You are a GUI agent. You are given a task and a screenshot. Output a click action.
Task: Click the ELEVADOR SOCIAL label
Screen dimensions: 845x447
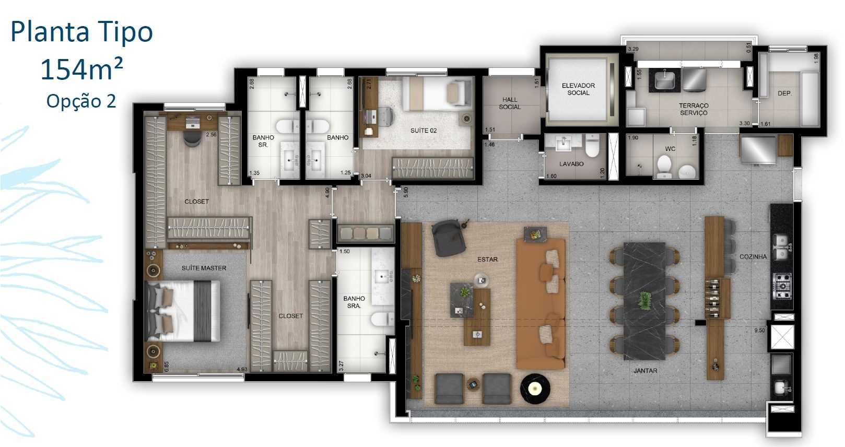578,89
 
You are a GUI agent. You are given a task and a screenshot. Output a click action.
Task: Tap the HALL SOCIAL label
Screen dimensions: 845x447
510,103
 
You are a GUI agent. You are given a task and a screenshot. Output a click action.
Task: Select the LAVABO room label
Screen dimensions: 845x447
571,164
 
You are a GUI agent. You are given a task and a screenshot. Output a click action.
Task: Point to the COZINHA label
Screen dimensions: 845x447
753,256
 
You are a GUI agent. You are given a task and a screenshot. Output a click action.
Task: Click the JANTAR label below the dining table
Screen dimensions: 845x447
646,371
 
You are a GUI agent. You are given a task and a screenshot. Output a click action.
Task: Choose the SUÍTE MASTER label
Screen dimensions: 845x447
204,268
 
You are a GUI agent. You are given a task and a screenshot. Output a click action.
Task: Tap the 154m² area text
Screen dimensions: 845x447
81,70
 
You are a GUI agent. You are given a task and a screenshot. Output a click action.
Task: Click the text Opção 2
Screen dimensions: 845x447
81,101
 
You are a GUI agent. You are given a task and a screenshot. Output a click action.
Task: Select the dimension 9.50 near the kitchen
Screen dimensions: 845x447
759,331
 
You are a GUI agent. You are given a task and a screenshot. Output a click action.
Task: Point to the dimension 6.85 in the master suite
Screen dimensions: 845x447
167,366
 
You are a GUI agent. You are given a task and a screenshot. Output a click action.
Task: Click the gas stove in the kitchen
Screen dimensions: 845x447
783,287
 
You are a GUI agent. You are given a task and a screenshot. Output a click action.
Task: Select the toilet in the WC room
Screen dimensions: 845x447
664,167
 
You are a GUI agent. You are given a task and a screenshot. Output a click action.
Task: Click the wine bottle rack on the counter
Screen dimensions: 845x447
717,298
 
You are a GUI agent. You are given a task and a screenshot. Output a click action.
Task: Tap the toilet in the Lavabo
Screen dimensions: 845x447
593,147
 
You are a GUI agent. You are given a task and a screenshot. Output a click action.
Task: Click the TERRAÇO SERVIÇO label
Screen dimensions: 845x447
694,109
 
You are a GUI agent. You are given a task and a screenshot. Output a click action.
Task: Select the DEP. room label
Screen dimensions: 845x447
784,93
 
